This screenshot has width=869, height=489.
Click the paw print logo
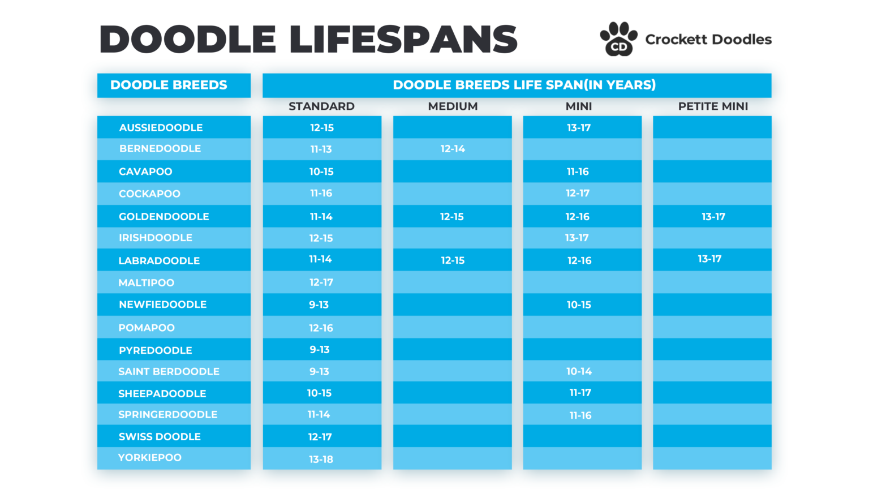click(618, 39)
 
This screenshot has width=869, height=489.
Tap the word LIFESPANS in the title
click(403, 40)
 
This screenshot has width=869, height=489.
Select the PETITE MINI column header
click(713, 106)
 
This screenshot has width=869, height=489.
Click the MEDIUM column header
click(453, 106)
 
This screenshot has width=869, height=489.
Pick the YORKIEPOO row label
click(150, 458)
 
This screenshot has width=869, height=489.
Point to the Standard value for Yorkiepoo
click(321, 459)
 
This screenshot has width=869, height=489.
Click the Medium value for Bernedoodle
click(453, 149)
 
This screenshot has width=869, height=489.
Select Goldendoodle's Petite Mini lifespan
click(713, 217)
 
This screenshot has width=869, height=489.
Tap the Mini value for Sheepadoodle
click(580, 393)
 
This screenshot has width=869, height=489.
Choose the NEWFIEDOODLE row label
click(163, 304)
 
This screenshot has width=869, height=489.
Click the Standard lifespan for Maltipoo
click(321, 282)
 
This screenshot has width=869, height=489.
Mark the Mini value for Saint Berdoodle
click(579, 371)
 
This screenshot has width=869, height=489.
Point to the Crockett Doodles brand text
click(708, 40)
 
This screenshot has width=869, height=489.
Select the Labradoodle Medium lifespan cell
click(453, 260)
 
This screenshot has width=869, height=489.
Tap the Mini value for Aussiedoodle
click(579, 128)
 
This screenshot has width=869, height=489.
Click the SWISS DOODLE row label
click(160, 437)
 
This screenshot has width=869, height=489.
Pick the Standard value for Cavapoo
click(321, 171)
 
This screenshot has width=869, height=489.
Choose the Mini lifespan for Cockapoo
click(578, 194)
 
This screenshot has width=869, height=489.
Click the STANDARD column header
click(321, 106)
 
